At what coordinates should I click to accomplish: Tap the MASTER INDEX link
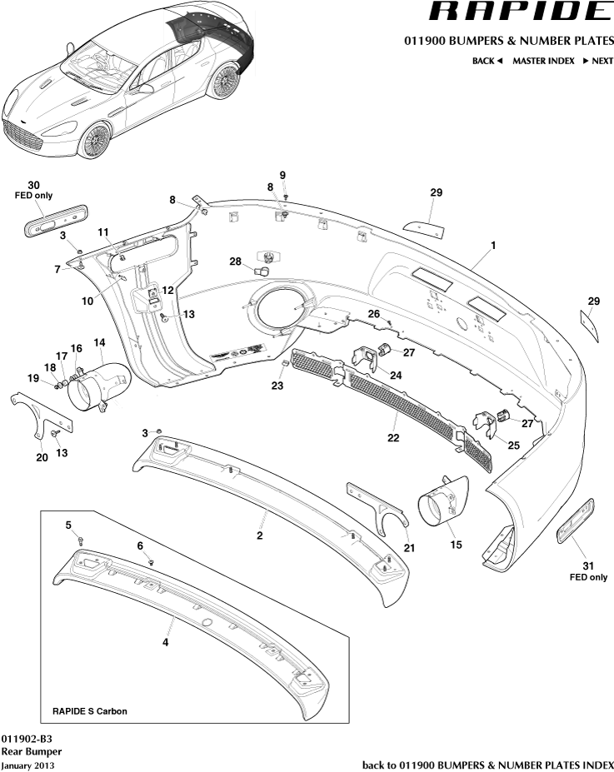tap(543, 61)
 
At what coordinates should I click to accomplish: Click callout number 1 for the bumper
tap(493, 246)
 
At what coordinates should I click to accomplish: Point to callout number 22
tap(393, 437)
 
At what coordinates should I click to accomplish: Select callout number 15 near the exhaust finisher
tap(455, 545)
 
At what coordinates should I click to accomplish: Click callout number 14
tap(99, 342)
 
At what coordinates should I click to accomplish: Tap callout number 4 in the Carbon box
tap(166, 642)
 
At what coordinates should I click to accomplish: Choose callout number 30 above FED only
tap(33, 185)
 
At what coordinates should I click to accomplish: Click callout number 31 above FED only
tap(588, 566)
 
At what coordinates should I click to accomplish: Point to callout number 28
tap(236, 261)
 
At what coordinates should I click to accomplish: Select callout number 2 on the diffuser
tap(260, 535)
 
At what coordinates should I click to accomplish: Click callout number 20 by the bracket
tap(42, 456)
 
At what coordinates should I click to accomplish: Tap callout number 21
tap(409, 547)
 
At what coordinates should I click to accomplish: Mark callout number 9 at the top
tap(282, 175)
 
